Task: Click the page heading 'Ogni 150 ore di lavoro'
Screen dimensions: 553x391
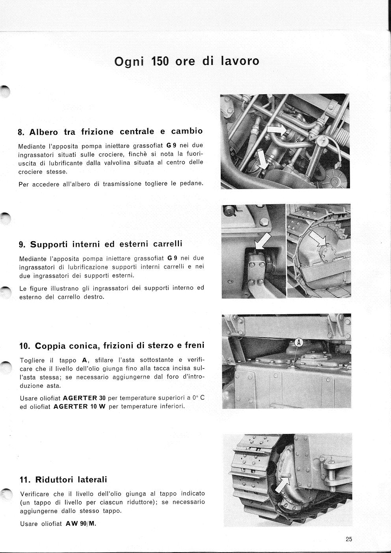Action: click(186, 61)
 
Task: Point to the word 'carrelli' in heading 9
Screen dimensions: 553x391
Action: click(168, 244)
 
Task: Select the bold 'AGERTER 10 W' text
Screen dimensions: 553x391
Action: click(79, 406)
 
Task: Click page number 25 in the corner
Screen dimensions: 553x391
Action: click(349, 540)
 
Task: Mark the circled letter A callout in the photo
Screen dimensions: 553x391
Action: click(298, 343)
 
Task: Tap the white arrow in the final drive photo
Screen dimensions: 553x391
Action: click(282, 484)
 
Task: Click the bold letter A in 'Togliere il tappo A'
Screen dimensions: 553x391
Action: click(84, 360)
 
